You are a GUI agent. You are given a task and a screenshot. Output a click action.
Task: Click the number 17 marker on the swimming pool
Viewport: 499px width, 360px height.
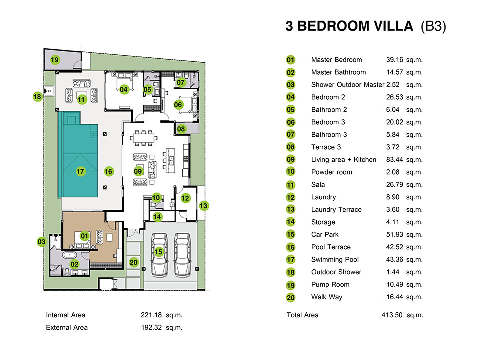pos(80,172)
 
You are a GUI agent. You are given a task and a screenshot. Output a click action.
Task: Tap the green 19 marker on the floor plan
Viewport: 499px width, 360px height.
pos(55,60)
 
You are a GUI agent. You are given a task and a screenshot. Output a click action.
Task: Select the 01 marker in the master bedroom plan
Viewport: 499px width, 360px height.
pos(85,236)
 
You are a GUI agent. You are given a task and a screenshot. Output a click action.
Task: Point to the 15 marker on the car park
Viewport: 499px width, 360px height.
pos(158,252)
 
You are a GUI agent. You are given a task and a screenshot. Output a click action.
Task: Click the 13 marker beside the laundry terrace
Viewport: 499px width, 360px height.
pos(204,206)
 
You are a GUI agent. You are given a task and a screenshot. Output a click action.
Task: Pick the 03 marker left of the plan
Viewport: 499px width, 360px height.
pos(42,242)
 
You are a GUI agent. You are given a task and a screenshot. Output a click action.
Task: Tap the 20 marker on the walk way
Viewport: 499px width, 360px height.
pos(134,262)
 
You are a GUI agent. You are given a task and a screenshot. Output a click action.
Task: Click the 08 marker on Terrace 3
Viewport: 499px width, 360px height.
pos(181,129)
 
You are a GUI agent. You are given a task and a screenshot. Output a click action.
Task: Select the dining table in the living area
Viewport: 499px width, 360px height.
pos(143,138)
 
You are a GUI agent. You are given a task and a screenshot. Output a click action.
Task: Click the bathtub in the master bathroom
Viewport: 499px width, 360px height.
pos(69,255)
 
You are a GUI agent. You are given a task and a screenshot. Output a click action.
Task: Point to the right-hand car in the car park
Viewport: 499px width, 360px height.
pos(182,254)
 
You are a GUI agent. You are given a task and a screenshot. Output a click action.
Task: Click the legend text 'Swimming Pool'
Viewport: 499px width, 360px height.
pos(335,260)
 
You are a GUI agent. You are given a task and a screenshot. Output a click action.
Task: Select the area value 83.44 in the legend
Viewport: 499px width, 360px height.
pos(394,159)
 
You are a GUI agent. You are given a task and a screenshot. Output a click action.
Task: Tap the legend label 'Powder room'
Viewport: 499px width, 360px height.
pos(332,172)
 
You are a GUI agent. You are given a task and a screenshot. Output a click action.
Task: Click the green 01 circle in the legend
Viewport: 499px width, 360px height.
pos(291,60)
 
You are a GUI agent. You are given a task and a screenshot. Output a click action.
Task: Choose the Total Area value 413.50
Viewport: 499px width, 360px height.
pos(392,315)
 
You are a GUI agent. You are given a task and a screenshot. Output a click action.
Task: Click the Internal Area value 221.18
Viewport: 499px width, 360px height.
pos(151,315)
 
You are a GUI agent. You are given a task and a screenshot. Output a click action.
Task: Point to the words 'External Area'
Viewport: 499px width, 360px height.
pos(67,327)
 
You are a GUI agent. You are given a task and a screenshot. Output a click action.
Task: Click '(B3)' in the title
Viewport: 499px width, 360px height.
pos(433,26)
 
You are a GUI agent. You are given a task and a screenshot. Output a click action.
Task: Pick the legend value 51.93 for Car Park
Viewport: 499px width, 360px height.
pos(394,234)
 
